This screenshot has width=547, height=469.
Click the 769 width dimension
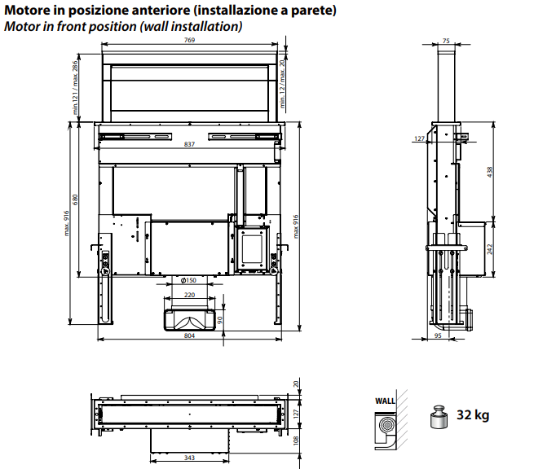point(189,41)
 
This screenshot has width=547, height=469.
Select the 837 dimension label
point(189,145)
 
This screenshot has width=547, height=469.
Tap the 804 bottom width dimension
point(189,335)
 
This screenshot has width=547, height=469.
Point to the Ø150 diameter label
point(188,281)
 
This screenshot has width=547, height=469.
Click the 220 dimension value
point(189,295)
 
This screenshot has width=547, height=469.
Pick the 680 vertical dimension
point(76,200)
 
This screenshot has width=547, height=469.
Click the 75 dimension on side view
point(446,41)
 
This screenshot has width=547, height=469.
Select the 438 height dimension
point(490,173)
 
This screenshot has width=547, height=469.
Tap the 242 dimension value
point(490,249)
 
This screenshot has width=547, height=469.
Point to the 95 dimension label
point(438,335)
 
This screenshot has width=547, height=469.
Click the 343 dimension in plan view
point(189,458)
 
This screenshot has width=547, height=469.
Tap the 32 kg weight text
point(473,415)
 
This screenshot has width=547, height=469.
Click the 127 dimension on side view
point(419,139)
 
